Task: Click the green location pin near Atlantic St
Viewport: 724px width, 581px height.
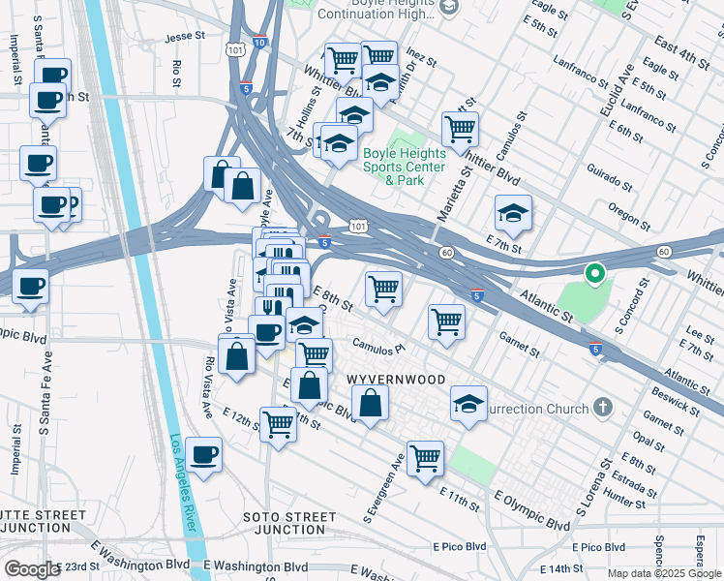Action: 594,275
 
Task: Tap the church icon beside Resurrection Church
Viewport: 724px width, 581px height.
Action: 602,407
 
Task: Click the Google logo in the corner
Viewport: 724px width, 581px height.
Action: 31,569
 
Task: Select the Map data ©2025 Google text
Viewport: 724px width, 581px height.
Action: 664,573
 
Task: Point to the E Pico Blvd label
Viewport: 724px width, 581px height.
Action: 460,547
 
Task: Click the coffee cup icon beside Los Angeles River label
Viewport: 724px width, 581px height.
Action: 204,454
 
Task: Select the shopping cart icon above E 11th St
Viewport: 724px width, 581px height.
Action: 425,457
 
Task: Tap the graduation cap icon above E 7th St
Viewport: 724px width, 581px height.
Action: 513,212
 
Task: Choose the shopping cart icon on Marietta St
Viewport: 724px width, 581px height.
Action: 460,127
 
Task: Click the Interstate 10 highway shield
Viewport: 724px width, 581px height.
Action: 259,43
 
